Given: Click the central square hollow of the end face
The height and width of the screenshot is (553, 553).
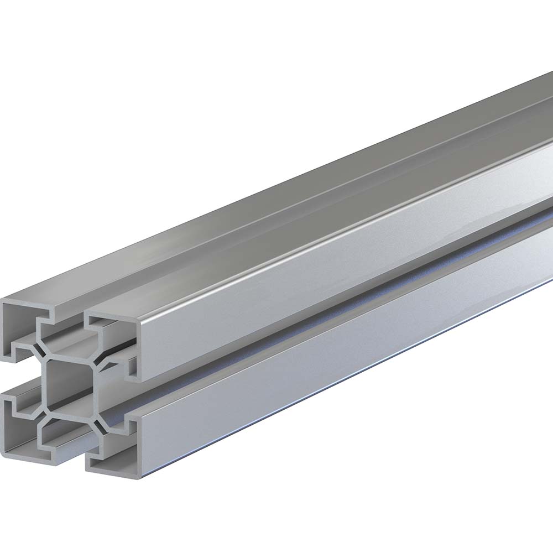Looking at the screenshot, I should click(71, 384).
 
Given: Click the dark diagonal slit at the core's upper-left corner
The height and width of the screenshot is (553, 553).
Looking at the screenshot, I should click(41, 350).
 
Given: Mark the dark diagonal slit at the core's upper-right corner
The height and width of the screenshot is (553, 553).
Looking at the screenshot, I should click(103, 363).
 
